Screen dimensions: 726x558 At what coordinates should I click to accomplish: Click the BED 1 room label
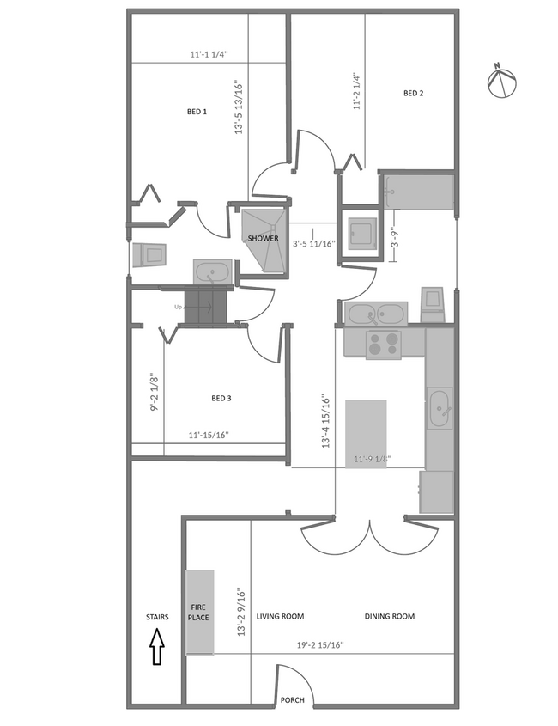197,112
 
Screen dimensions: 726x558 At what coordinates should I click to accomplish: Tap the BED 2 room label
413,94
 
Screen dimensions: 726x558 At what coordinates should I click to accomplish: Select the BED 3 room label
221,398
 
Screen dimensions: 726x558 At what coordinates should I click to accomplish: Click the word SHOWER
263,238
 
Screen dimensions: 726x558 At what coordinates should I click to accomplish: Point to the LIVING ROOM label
280,616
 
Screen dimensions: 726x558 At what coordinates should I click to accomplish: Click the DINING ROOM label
389,616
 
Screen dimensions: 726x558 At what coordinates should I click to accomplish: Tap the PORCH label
292,700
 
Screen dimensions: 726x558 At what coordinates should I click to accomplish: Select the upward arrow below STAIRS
157,647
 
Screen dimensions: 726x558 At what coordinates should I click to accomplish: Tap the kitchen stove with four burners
384,344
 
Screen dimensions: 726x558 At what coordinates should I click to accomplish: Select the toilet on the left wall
149,255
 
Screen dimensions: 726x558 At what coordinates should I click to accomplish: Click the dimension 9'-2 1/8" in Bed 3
153,392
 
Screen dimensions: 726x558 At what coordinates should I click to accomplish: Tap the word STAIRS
157,617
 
